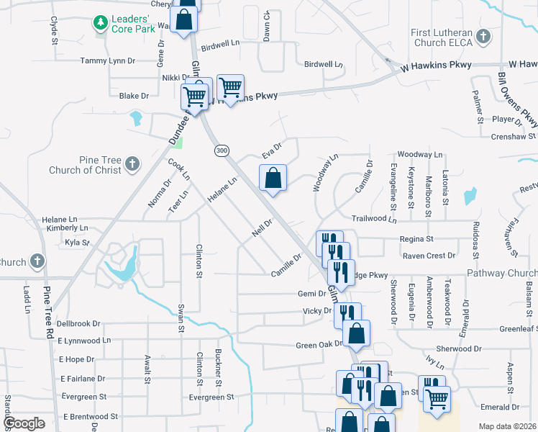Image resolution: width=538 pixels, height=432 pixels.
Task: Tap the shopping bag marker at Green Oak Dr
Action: point(356,333)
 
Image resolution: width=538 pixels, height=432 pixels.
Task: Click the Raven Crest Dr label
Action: point(429,255)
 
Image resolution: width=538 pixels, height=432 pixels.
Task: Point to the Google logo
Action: point(24,423)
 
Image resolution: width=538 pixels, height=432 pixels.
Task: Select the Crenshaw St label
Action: point(514,136)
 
